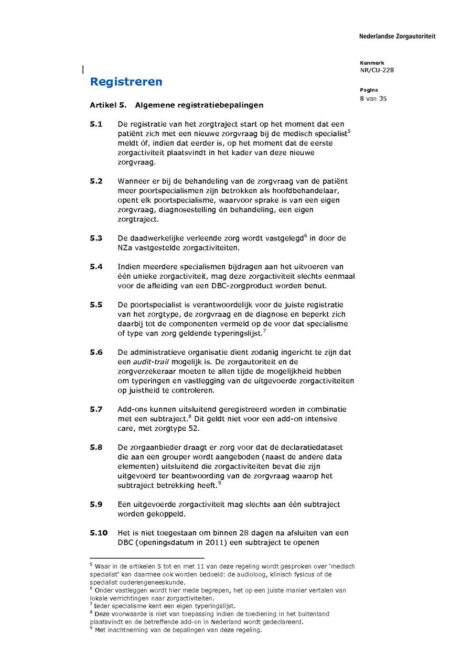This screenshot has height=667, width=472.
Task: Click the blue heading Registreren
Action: pos(126,82)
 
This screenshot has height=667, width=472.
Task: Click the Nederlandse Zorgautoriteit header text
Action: pos(397,37)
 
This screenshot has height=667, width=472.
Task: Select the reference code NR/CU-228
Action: pos(377,71)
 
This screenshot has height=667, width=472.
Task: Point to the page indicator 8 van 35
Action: pos(373,98)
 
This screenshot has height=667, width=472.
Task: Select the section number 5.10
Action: pos(98,533)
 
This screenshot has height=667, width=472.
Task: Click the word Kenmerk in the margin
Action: pos(372,63)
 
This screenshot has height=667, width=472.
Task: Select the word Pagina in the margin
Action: pos(369,90)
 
